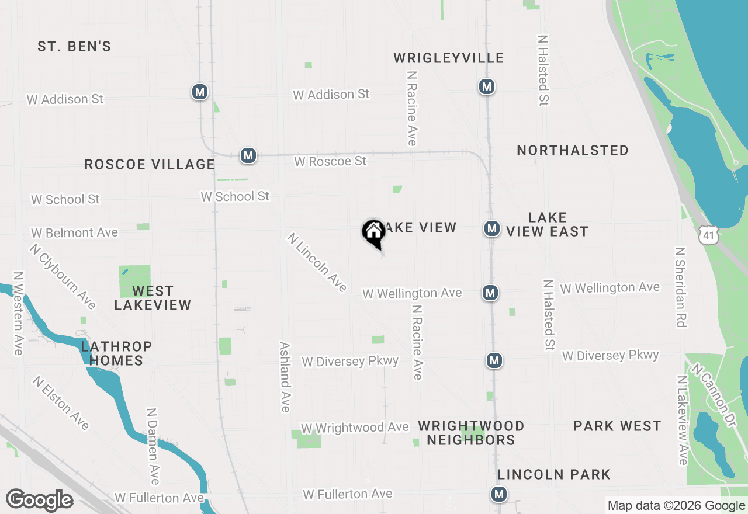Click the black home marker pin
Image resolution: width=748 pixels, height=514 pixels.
point(373,232)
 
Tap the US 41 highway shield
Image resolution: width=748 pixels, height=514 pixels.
point(709,234)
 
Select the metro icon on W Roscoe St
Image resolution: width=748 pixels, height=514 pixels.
point(248,156)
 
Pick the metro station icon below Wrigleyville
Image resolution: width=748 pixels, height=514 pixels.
point(486,86)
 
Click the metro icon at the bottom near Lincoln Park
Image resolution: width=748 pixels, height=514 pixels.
point(498,494)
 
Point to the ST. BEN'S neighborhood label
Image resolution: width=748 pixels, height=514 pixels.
point(74,47)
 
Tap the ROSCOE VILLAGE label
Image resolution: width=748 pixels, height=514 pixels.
point(150,165)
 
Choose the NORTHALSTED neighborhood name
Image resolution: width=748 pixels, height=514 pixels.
point(573,151)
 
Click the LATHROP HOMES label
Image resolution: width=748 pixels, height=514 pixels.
point(116,353)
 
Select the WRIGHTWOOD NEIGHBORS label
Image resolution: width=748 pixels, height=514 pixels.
point(471,433)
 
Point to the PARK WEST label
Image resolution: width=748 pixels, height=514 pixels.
point(617,426)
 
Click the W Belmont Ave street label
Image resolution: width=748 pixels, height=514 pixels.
point(74,232)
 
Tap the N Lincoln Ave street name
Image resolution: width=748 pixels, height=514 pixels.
point(317,262)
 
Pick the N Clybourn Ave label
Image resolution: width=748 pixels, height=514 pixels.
point(63,276)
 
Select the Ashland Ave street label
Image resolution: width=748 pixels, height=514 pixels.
point(285,377)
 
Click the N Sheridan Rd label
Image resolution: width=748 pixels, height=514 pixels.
point(680,287)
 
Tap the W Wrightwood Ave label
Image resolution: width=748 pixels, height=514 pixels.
point(355,428)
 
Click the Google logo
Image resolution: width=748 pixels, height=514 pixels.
point(39,500)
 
